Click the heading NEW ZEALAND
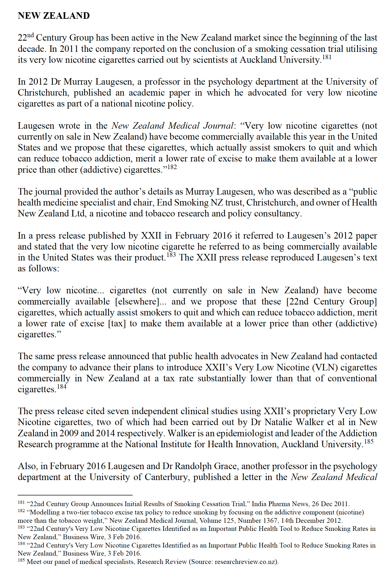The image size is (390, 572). point(54,16)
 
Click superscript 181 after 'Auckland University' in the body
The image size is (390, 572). point(327,57)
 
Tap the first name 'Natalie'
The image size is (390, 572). point(281,422)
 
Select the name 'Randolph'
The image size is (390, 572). point(196,466)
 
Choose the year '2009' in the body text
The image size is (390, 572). point(69,433)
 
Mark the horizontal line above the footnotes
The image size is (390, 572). point(75,495)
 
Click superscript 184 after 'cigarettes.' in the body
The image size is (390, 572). point(62,387)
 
